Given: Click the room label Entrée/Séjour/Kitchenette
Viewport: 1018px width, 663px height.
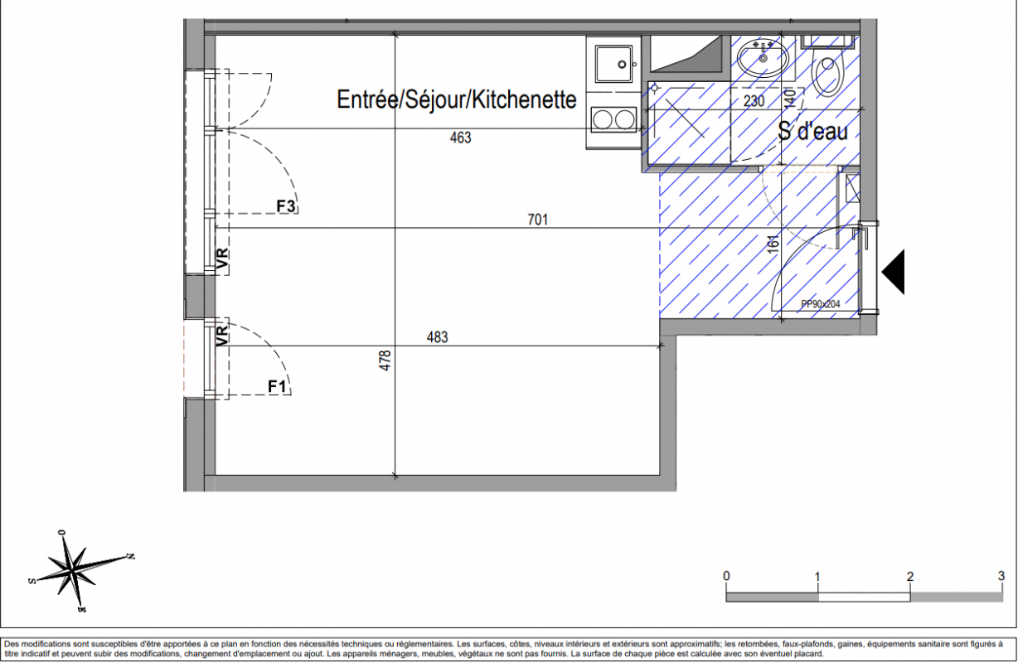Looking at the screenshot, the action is (x=456, y=99).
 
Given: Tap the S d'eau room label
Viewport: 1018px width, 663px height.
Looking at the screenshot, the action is (x=812, y=131).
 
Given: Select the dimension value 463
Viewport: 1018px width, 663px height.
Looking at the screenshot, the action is (x=460, y=138).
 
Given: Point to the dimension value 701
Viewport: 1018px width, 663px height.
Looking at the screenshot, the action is (x=538, y=220).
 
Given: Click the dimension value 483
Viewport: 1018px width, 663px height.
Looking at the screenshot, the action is (x=437, y=337).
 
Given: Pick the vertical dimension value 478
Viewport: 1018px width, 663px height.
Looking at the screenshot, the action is (x=385, y=361).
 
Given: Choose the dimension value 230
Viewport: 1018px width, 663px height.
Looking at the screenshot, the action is (x=754, y=101).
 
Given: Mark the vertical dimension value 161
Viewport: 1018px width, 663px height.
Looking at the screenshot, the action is (x=773, y=244).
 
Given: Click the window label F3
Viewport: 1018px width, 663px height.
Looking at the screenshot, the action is (x=286, y=206).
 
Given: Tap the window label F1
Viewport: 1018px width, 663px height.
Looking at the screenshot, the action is (x=277, y=387).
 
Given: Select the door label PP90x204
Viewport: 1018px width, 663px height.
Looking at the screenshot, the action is (x=821, y=304).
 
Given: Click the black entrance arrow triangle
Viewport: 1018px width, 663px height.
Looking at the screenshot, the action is (x=893, y=272).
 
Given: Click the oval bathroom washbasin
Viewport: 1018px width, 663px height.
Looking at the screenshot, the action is (x=763, y=58).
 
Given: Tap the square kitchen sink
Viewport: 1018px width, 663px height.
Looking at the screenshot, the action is (x=614, y=64).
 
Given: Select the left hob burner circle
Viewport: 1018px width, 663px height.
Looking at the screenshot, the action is (x=603, y=120).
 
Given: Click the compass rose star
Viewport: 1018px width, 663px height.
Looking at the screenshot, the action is (x=72, y=569).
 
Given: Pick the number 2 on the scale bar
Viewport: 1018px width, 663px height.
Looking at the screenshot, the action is (x=910, y=576).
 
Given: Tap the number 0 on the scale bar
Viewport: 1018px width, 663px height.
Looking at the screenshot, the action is (x=726, y=576).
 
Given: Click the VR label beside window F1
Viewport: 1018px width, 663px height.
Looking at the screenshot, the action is (x=222, y=335).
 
